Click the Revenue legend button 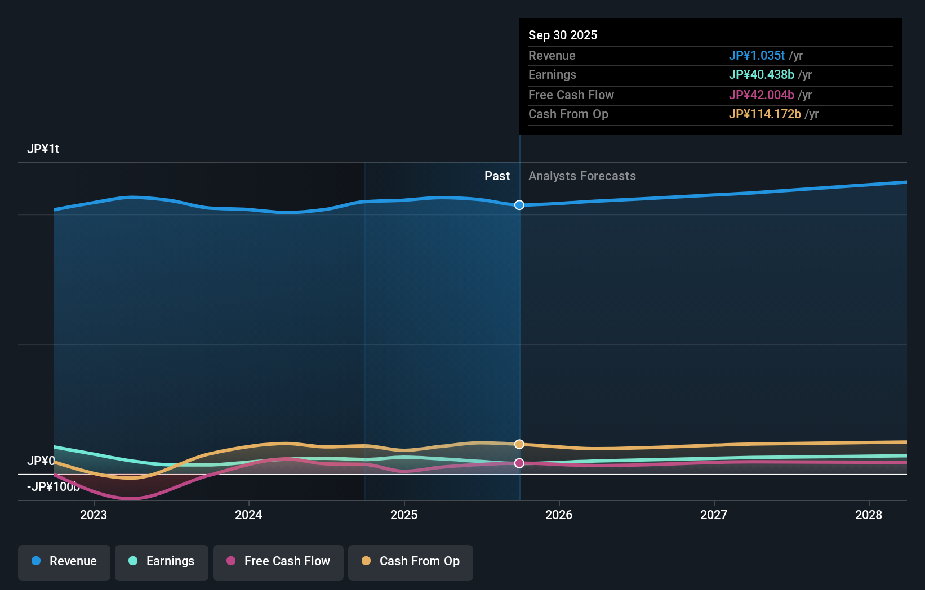64,561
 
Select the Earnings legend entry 162,561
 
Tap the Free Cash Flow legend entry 278,561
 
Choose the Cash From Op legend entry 411,561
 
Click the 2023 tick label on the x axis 94,515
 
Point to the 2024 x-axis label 248,515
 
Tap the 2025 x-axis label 404,515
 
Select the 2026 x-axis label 559,515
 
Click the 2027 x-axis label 714,515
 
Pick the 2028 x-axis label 869,515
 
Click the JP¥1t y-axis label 43,149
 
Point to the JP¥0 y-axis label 41,461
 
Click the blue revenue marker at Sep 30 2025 519,205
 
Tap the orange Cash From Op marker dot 519,444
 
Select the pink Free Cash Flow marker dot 519,463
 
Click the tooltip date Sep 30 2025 563,35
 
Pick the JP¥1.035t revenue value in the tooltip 757,55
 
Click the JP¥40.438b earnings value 761,75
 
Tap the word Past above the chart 497,176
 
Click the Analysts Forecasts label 582,176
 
